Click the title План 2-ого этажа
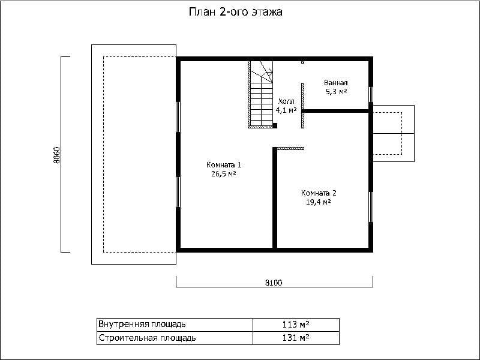click(235, 12)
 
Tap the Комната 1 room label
click(224, 165)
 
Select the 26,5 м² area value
click(223, 174)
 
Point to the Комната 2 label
click(319, 193)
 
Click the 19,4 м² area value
click(319, 202)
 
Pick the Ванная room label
click(336, 83)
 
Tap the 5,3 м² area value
click(336, 92)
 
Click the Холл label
click(286, 101)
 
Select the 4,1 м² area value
click(286, 110)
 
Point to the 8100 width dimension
click(274, 283)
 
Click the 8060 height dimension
click(56, 155)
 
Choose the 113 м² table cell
click(296, 325)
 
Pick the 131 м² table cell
click(296, 338)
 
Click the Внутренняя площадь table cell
click(175, 325)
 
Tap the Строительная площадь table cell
click(175, 338)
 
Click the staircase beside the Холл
click(260, 94)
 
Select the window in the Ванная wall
click(371, 94)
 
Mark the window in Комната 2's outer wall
click(371, 207)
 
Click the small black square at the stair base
click(275, 125)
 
